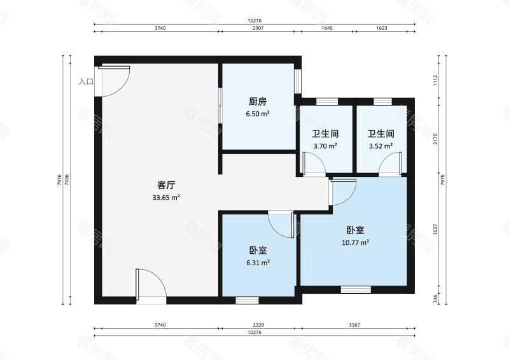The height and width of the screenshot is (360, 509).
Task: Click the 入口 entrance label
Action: tap(86, 82)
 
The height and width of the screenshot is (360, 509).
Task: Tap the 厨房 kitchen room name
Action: tap(257, 102)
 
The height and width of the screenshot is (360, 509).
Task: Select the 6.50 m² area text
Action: tap(257, 114)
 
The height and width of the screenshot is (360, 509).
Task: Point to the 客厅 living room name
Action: tap(166, 185)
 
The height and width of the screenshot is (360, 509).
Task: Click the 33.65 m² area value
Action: tap(166, 198)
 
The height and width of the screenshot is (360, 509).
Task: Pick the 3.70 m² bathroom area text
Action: tap(324, 146)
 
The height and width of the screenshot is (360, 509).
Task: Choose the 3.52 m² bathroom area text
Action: tap(380, 146)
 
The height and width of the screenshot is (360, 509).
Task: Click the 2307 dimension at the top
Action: tap(257, 29)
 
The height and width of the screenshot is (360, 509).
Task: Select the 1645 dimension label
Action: tap(326, 29)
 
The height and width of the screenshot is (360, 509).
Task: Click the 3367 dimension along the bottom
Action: tap(354, 325)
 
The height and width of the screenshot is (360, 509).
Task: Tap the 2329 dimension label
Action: tap(257, 325)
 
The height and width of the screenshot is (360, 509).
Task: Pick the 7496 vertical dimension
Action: tap(66, 180)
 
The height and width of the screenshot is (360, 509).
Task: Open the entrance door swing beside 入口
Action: tap(115, 80)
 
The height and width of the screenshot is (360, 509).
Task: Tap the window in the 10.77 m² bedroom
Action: tap(355, 289)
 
